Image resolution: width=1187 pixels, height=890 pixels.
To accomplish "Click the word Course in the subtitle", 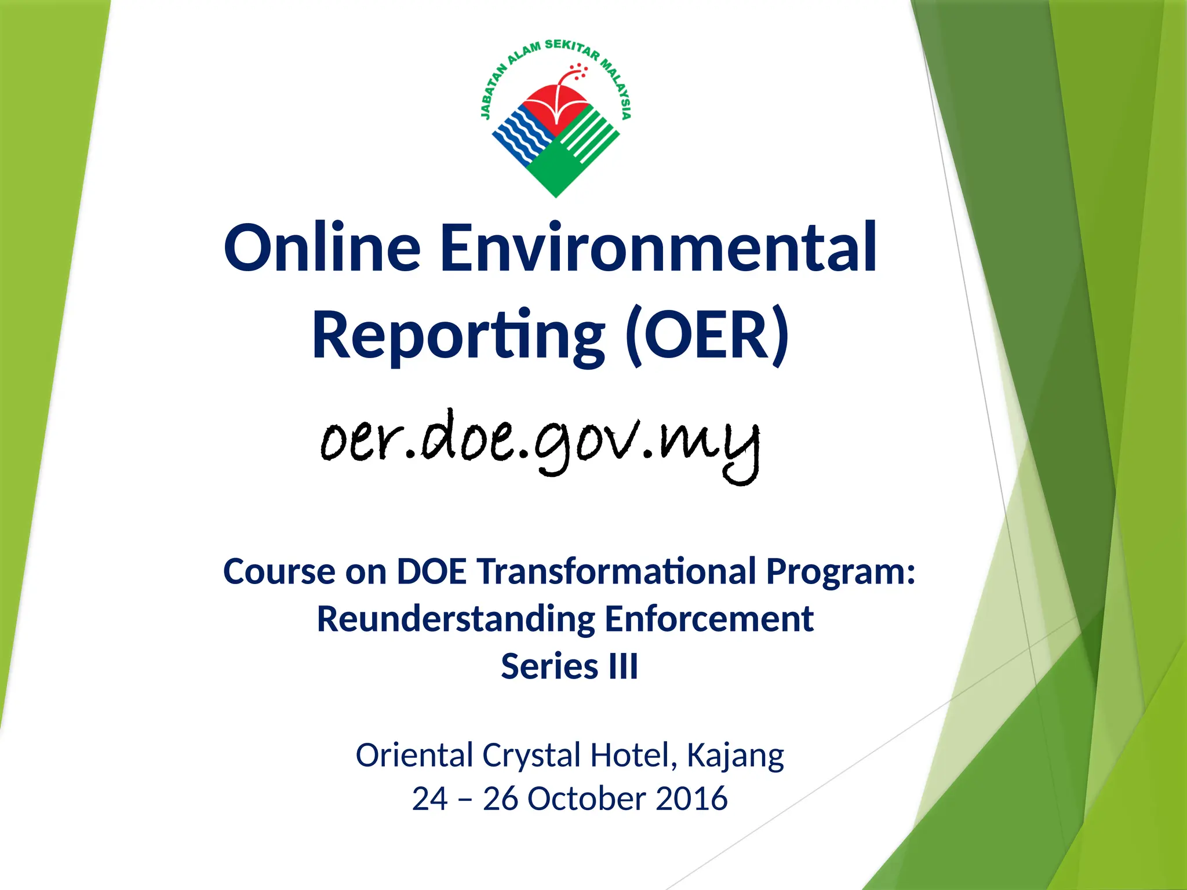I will [x=279, y=572].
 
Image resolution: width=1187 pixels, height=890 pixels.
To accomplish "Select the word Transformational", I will [x=617, y=572].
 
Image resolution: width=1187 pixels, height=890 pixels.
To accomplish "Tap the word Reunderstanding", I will [x=456, y=619].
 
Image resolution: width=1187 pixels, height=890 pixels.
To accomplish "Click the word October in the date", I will [x=586, y=799].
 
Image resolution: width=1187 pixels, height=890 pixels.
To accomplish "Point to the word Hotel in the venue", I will [x=633, y=756].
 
